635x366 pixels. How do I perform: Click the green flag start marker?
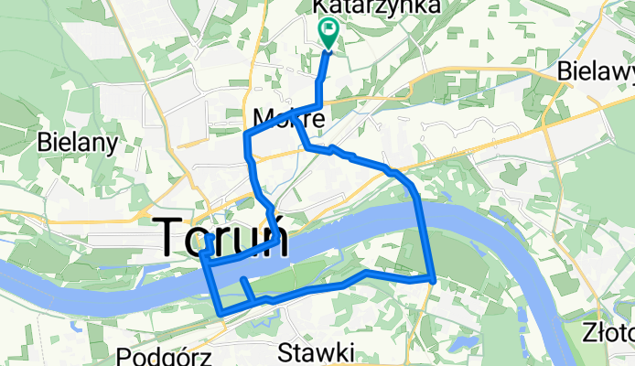pos(328,34)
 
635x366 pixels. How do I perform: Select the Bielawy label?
pos(595,71)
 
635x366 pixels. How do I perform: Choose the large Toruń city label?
pos(224,240)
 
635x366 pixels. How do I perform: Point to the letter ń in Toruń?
pos(273,240)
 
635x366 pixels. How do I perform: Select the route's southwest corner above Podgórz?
pos(221,314)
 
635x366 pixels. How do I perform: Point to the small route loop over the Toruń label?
pos(209,243)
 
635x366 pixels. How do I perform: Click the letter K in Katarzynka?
pos(320,6)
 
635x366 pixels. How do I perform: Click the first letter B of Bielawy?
pos(564,71)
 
